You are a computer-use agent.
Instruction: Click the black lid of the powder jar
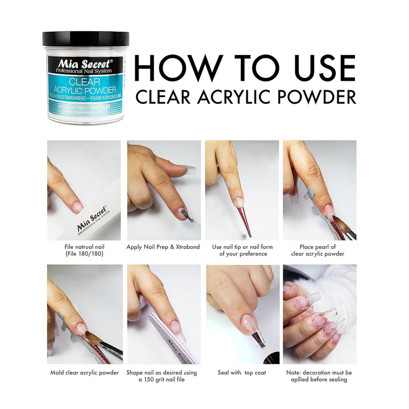[86, 39]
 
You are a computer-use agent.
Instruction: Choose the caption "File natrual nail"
[84, 247]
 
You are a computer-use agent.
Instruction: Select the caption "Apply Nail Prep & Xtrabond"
[164, 247]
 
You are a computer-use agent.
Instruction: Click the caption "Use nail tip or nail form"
[242, 247]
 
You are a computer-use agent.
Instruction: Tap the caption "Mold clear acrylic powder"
[84, 373]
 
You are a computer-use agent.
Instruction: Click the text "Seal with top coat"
[242, 373]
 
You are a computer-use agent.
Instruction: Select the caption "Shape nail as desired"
[164, 373]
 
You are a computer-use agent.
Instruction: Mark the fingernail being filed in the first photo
[76, 206]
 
